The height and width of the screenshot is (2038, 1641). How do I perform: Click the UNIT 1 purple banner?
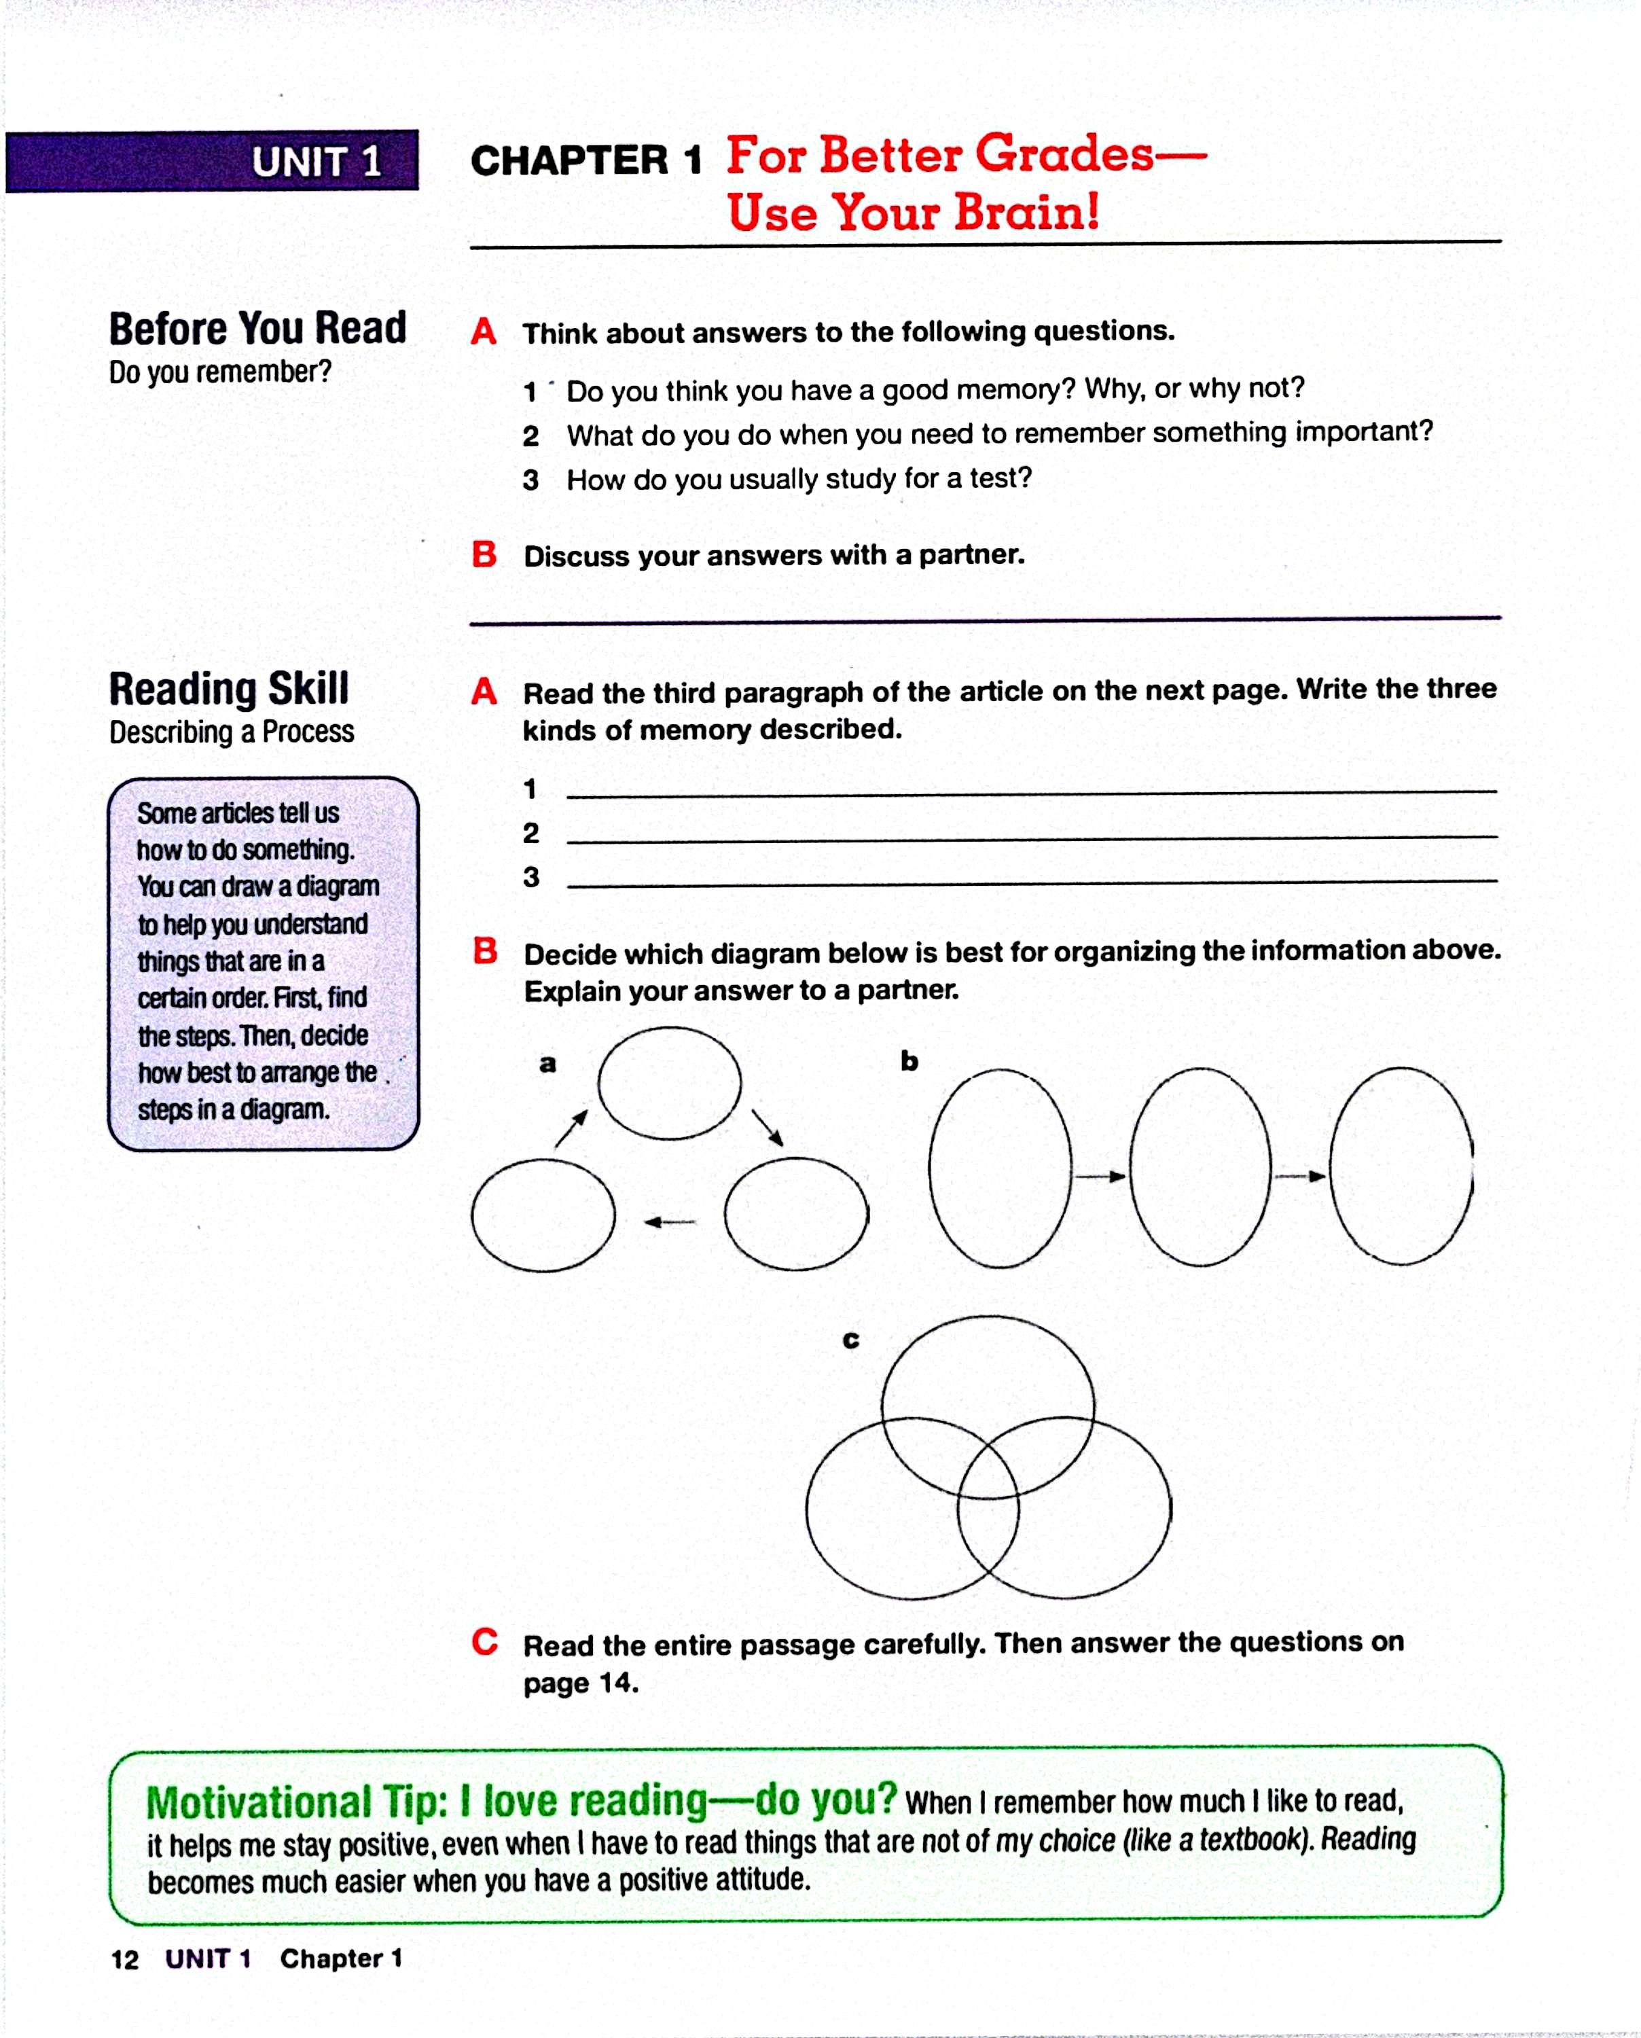pyautogui.click(x=212, y=161)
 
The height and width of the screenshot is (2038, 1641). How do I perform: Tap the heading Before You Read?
pyautogui.click(x=257, y=328)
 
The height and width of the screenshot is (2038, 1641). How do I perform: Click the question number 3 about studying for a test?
pyautogui.click(x=531, y=480)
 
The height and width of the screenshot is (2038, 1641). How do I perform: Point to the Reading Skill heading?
pyautogui.click(x=229, y=688)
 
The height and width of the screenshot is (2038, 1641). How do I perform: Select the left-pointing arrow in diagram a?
pyautogui.click(x=669, y=1222)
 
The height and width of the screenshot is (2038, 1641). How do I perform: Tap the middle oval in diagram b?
pyautogui.click(x=1200, y=1166)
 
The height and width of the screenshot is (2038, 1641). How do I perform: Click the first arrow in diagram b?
pyautogui.click(x=1100, y=1177)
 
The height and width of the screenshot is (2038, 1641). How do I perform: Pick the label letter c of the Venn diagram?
pyautogui.click(x=851, y=1340)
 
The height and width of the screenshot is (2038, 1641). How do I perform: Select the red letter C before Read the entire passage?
pyautogui.click(x=485, y=1642)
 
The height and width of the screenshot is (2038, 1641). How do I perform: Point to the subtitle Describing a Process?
pyautogui.click(x=232, y=732)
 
